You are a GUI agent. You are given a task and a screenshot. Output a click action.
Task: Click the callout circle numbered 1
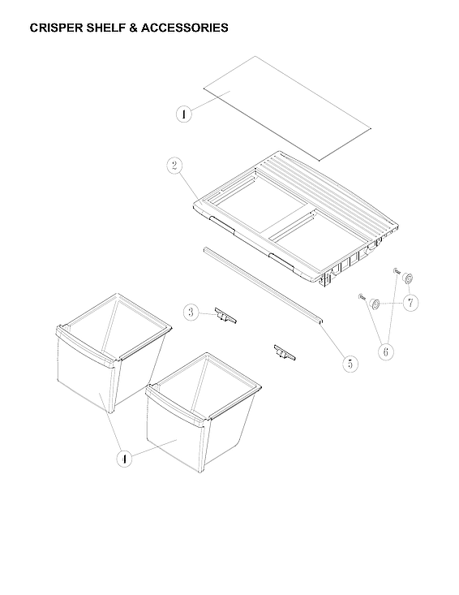point(184,114)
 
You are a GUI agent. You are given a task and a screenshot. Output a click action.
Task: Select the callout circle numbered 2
point(174,166)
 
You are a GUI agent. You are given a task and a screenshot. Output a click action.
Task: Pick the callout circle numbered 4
point(124,459)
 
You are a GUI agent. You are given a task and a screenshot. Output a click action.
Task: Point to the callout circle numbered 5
point(350,364)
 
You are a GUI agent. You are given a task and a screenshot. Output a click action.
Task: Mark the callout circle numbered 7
point(410,303)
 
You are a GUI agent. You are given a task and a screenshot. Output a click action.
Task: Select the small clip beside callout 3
point(225,316)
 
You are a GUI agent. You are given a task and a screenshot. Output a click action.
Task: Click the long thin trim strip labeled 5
point(264,284)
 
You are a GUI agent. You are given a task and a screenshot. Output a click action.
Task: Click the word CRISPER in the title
point(56,28)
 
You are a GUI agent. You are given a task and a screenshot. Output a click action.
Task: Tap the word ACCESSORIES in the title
point(184,28)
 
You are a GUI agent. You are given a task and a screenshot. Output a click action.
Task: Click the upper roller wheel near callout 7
point(408,279)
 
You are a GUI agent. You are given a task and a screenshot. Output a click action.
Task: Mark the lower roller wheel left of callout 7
point(376,304)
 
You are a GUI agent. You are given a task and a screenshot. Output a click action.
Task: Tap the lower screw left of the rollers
point(362,298)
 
